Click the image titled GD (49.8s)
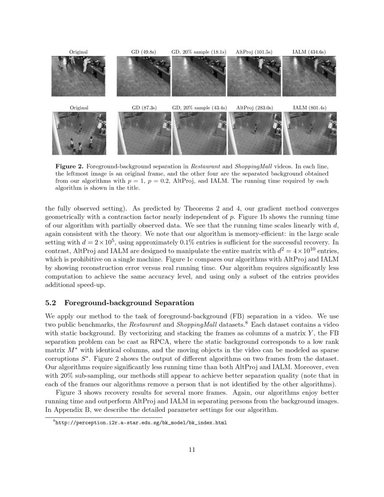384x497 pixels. (144, 76)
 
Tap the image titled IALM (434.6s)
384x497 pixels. (309, 76)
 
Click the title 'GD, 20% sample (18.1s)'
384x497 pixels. (199, 52)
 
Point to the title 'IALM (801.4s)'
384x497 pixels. (309, 108)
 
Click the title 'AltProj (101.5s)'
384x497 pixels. (254, 52)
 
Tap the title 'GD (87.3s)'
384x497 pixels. (144, 108)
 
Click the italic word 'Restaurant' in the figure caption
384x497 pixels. (201, 166)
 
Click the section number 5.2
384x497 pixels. (52, 303)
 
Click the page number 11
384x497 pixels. (192, 450)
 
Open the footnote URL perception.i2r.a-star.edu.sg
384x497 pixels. (140, 423)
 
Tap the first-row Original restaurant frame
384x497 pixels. (78, 76)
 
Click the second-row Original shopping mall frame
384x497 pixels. (79, 133)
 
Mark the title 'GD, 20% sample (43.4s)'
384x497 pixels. (199, 108)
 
